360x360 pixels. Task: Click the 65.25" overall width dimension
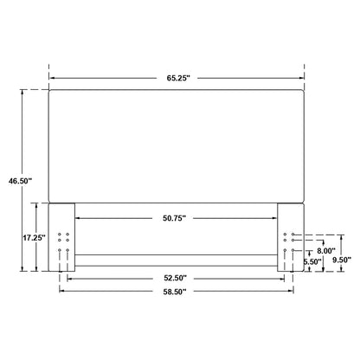pyautogui.click(x=177, y=78)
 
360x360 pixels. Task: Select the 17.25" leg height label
pyautogui.click(x=34, y=236)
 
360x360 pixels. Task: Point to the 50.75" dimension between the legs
pyautogui.click(x=177, y=217)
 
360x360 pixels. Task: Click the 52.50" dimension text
pyautogui.click(x=177, y=278)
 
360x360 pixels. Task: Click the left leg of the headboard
pyautogui.click(x=62, y=237)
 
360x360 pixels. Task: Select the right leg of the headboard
pyautogui.click(x=291, y=237)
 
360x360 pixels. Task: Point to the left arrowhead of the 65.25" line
pyautogui.click(x=52, y=78)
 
